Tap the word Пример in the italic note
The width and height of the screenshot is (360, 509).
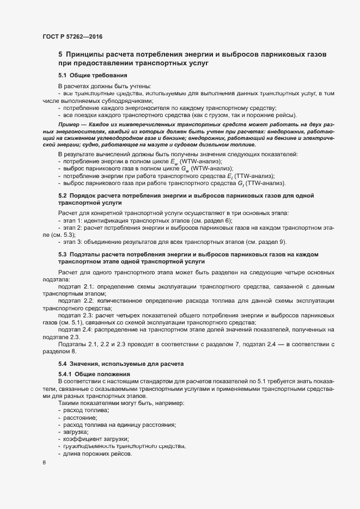(x=68, y=125)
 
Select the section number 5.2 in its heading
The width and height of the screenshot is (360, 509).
(x=63, y=195)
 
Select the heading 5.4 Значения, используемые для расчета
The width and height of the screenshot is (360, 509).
(x=122, y=363)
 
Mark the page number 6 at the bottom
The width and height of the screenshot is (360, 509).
(x=44, y=463)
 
